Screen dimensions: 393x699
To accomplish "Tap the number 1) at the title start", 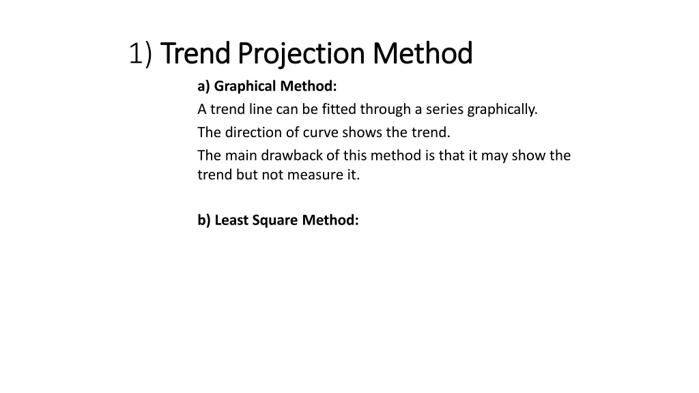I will tap(141, 54).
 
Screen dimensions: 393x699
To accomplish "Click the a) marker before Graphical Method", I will tap(204, 87).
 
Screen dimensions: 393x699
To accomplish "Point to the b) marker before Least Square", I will tap(204, 220).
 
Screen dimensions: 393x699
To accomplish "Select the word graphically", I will tap(502, 109).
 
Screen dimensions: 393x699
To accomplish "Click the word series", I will tap(444, 109).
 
